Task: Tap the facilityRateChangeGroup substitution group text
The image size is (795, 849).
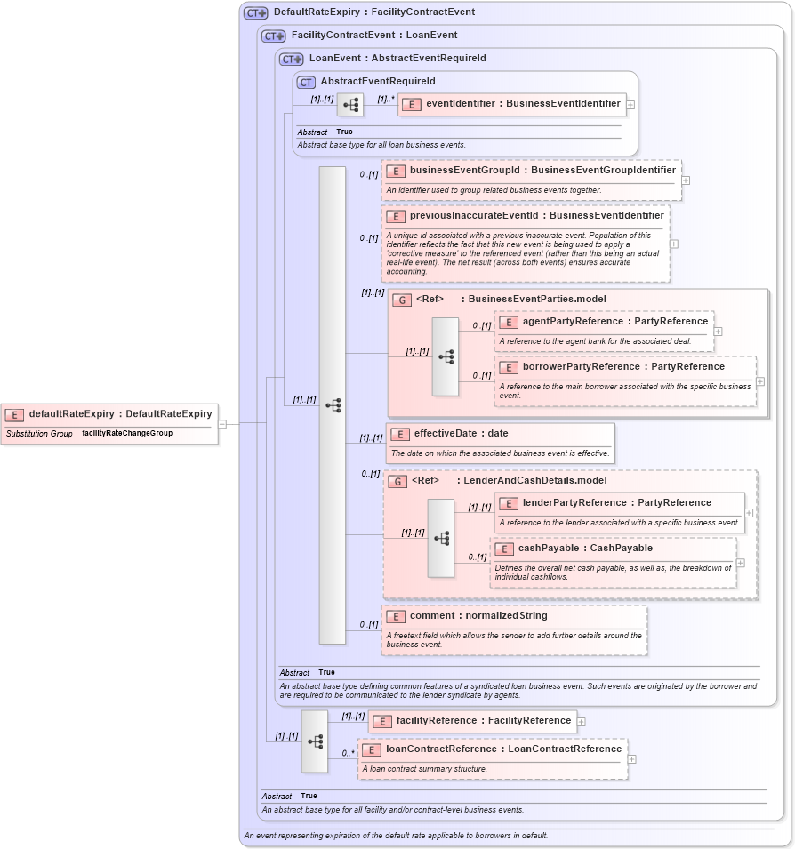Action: coord(127,434)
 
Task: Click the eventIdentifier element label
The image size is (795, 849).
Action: coord(523,104)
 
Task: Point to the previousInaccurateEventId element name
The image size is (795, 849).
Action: coord(536,215)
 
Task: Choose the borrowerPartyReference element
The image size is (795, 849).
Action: coord(623,366)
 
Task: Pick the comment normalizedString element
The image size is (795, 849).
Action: coord(478,615)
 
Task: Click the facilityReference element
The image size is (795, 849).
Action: coord(484,721)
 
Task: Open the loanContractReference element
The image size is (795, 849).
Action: coord(503,749)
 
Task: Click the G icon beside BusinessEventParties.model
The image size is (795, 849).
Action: coord(401,300)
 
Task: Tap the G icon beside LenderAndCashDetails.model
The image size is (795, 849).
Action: coord(397,481)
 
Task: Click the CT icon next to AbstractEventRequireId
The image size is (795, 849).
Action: coord(306,82)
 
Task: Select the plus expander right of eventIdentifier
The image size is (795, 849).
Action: coord(630,105)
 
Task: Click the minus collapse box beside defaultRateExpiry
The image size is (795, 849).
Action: coord(222,424)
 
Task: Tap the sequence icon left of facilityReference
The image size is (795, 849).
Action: coord(314,741)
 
